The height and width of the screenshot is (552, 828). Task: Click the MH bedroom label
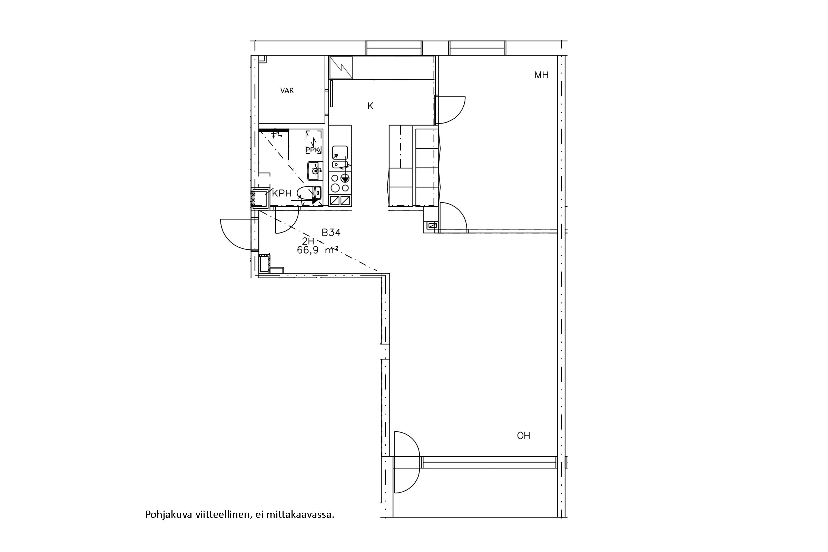(541, 75)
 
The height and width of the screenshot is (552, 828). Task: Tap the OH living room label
(523, 436)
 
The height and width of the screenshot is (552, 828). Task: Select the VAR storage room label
(287, 90)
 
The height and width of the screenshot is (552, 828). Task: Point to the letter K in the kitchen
(370, 106)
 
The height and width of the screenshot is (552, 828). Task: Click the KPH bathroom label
(282, 193)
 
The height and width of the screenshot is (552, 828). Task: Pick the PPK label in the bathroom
(312, 150)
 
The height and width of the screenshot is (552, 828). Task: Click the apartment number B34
(331, 232)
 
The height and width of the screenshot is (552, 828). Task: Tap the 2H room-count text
(308, 241)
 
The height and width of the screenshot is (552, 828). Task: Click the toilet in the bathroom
(309, 192)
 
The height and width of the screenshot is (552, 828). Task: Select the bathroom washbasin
(315, 171)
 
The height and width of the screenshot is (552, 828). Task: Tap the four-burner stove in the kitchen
(340, 183)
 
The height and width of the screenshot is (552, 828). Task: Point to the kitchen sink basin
(340, 153)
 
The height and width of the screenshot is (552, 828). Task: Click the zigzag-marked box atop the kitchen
(341, 68)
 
